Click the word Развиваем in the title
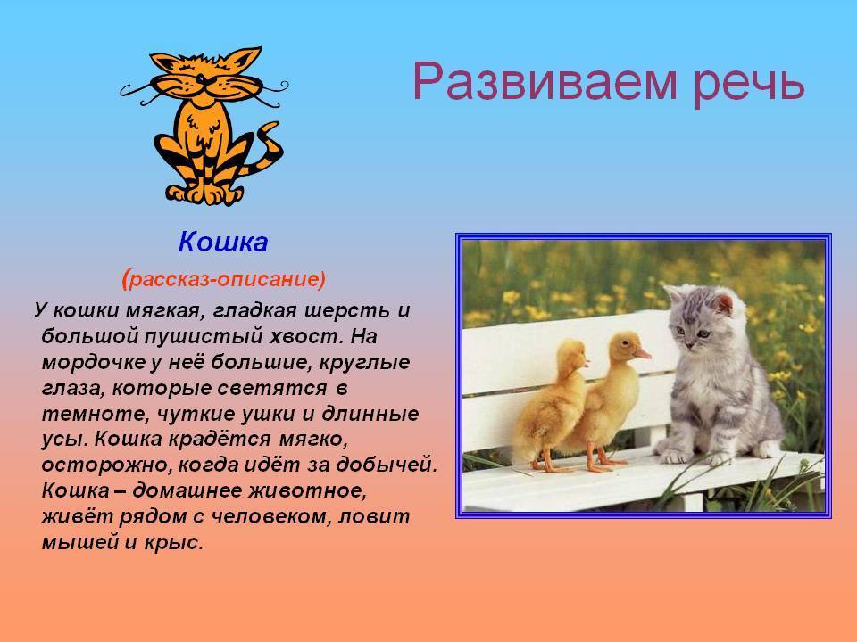pos(545,82)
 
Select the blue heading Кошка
pos(223,242)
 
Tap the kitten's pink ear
pos(724,304)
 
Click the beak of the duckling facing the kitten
pos(642,353)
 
